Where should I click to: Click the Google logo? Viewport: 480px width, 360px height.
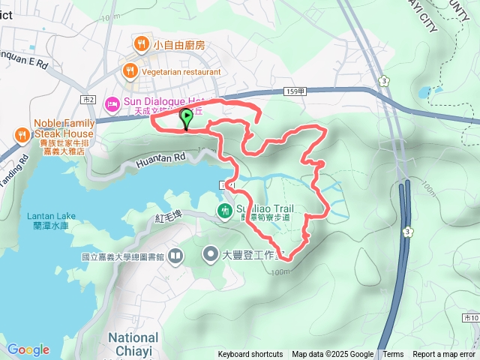[x=28, y=349]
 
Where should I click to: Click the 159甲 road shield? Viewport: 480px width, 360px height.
[x=295, y=91]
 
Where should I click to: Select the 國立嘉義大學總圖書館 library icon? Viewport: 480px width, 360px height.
[x=175, y=256]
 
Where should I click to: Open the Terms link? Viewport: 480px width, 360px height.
[x=393, y=355]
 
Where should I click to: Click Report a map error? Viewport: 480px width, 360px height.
[x=445, y=355]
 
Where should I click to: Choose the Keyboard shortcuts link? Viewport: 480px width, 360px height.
[x=250, y=355]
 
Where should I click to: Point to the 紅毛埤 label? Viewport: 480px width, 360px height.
[x=168, y=217]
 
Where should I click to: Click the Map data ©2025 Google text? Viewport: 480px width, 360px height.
[x=332, y=355]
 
